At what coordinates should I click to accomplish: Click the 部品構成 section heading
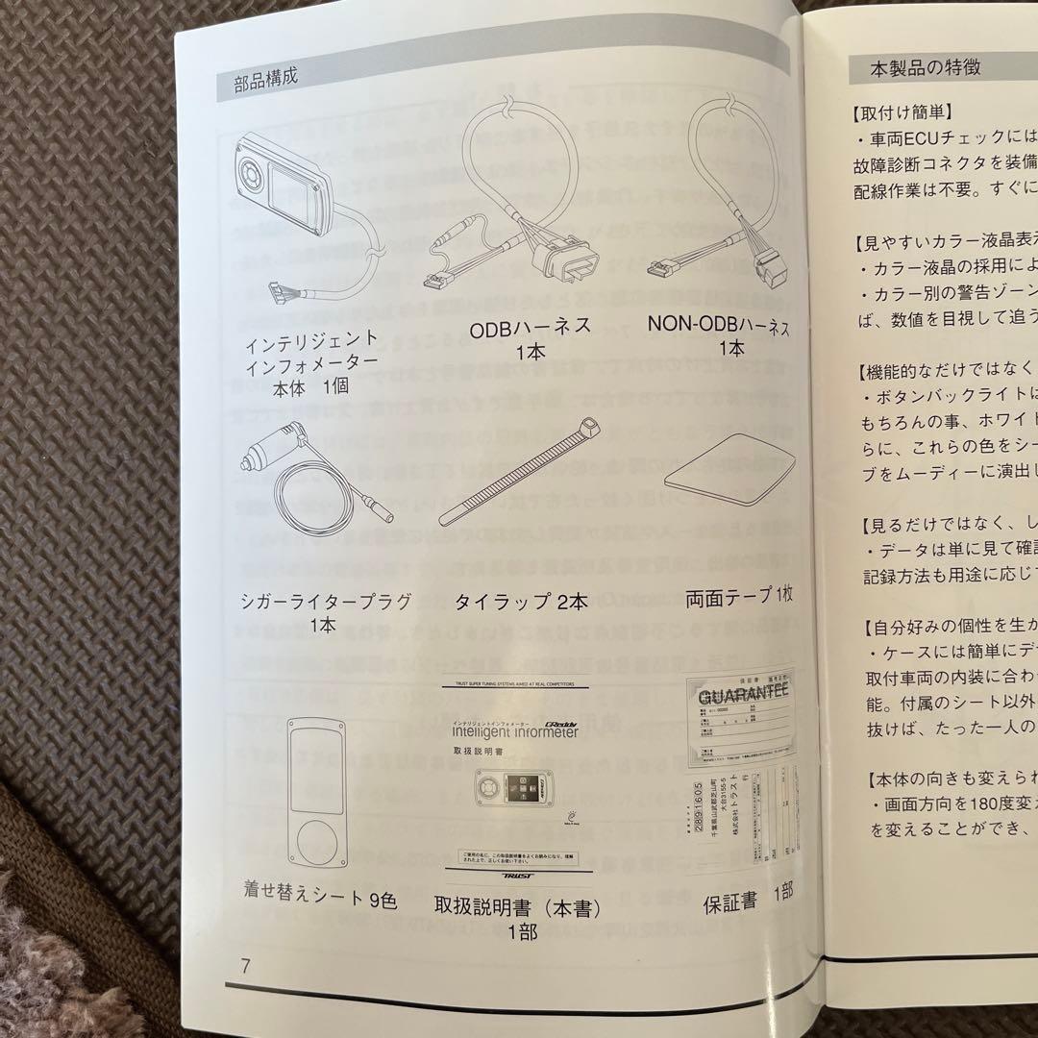click(265, 79)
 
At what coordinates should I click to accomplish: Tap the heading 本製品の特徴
click(915, 67)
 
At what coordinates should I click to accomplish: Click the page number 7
click(246, 965)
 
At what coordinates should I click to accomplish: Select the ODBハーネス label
click(530, 329)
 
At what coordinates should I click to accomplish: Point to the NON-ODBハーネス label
click(719, 327)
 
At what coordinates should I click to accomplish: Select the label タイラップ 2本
click(520, 602)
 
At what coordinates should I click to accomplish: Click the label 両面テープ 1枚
click(740, 598)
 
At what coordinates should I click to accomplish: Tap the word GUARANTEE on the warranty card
click(744, 696)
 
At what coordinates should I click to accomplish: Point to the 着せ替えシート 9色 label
click(320, 902)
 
